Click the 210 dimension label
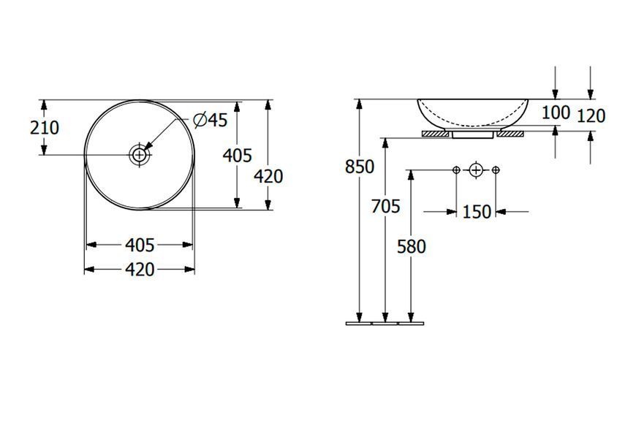tap(45, 128)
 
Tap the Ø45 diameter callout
tap(211, 120)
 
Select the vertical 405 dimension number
tap(238, 156)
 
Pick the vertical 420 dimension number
tap(268, 177)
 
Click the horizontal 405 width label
tap(140, 246)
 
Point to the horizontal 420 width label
tap(140, 270)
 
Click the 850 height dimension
tap(360, 167)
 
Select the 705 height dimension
tap(386, 206)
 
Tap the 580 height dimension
tap(412, 246)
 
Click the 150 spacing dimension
tap(477, 212)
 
